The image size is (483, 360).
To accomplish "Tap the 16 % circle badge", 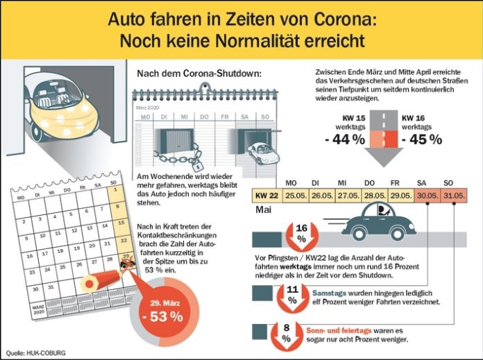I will click(301, 233).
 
